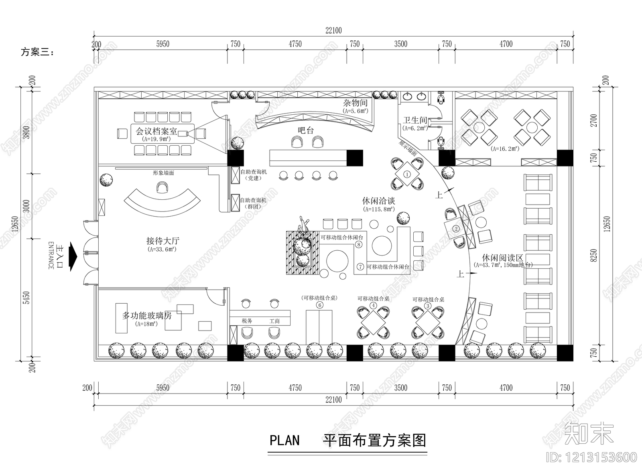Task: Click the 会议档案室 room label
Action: [156, 132]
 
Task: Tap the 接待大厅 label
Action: [163, 241]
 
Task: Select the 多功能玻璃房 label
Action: [146, 316]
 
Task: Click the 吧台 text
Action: [306, 130]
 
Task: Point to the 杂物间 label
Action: [355, 104]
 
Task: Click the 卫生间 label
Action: [415, 120]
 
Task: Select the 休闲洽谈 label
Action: [378, 201]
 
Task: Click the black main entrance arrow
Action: [73, 256]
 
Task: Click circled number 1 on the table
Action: [407, 175]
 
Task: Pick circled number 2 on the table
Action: [456, 229]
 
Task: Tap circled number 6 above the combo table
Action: [319, 305]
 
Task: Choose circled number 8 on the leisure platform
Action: [359, 244]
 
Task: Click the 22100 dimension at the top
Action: [333, 30]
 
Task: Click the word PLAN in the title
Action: [284, 440]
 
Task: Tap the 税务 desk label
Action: [247, 321]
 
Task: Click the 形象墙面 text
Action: [163, 173]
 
